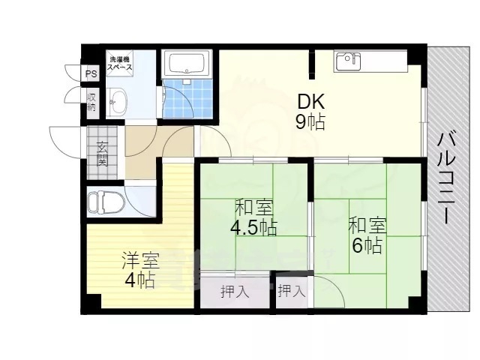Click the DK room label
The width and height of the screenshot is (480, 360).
(x=311, y=102)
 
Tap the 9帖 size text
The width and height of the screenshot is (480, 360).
(x=310, y=122)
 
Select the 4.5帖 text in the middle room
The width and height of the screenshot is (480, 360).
(x=253, y=228)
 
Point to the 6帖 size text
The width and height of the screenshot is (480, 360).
(x=367, y=245)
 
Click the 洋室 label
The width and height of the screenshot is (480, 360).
(x=140, y=260)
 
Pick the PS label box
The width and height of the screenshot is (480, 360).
(x=91, y=73)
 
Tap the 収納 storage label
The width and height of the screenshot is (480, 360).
(x=91, y=102)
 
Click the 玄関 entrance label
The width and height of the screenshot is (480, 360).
(x=102, y=154)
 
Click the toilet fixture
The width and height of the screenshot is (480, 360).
(x=106, y=202)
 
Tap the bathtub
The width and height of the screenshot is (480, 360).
(x=187, y=63)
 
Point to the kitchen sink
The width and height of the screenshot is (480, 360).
(x=348, y=62)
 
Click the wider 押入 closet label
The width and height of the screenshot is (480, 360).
(x=235, y=292)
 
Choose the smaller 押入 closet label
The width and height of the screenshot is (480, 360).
(x=292, y=291)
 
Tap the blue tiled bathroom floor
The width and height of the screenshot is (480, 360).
(x=187, y=98)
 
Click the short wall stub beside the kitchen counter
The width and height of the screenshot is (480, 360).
(x=311, y=64)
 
